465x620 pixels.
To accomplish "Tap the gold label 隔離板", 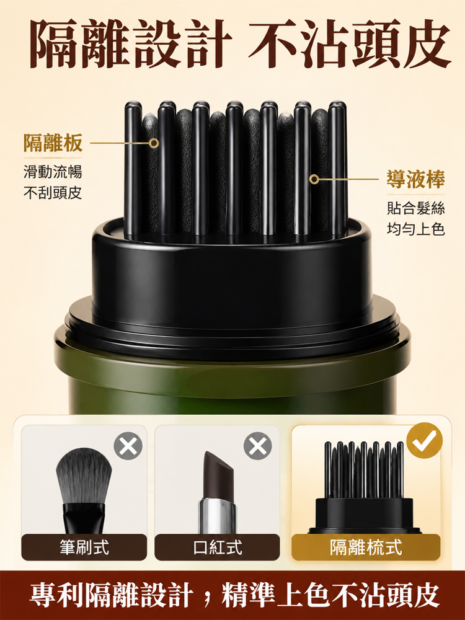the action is pyautogui.click(x=53, y=143).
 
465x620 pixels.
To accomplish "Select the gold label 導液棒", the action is pyautogui.click(x=415, y=179).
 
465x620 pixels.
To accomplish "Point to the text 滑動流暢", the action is pyautogui.click(x=53, y=172).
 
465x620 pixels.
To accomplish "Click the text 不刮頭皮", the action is pyautogui.click(x=53, y=193).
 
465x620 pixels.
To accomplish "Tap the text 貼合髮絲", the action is pyautogui.click(x=415, y=208).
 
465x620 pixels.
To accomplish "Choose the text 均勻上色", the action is pyautogui.click(x=415, y=229).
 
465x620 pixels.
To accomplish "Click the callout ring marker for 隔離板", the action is pyautogui.click(x=154, y=143).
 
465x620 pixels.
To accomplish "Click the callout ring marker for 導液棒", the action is pyautogui.click(x=314, y=179).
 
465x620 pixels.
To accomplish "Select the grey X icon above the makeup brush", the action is pyautogui.click(x=128, y=446).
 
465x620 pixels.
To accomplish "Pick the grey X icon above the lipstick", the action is pyautogui.click(x=257, y=446).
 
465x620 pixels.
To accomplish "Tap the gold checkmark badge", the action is pyautogui.click(x=424, y=440).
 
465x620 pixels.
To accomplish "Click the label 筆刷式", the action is pyautogui.click(x=84, y=547).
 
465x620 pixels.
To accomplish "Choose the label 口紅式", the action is pyautogui.click(x=218, y=547).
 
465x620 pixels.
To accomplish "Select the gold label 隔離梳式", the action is pyautogui.click(x=366, y=547).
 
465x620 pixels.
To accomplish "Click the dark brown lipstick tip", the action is pyautogui.click(x=218, y=476).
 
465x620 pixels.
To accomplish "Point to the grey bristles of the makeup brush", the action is pyautogui.click(x=84, y=476).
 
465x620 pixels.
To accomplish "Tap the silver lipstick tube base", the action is pyautogui.click(x=217, y=516).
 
